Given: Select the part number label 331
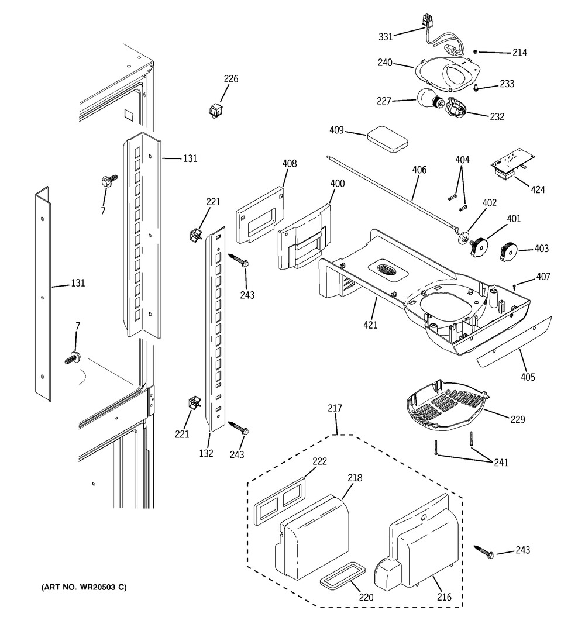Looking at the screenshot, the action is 386,37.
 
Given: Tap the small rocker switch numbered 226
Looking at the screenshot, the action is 216,110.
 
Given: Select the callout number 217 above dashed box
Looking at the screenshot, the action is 335,408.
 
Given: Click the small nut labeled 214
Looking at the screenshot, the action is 476,51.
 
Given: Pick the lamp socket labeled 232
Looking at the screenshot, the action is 456,108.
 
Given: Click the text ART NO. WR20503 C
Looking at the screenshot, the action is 84,587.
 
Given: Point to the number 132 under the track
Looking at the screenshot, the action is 206,453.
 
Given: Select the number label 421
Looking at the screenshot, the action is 370,325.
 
